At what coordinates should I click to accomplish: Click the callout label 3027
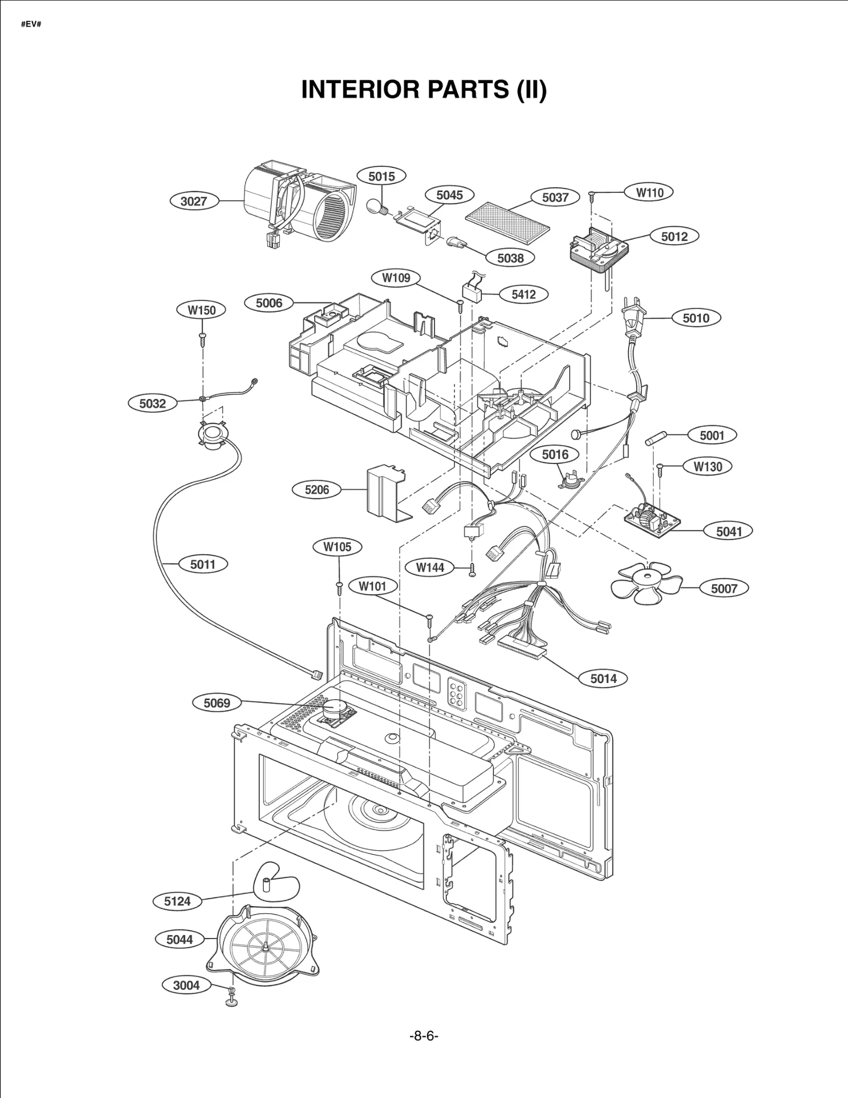coord(193,201)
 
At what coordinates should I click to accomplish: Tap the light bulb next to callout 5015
coord(379,205)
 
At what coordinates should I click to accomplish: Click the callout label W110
coord(649,192)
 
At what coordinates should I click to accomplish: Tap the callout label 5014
coord(603,679)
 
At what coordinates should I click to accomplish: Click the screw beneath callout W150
coord(202,338)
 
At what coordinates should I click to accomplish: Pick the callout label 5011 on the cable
coord(203,564)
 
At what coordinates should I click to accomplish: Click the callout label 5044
coord(180,940)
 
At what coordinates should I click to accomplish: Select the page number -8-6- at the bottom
coord(423,1036)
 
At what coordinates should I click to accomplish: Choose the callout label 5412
coord(523,294)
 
